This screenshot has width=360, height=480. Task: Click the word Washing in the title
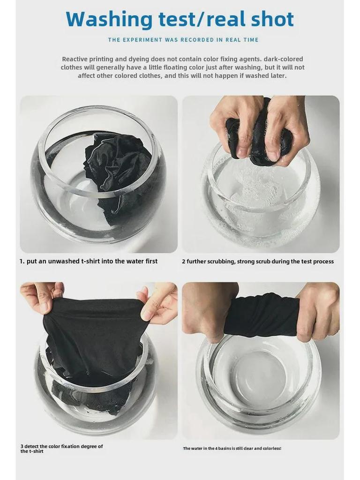point(109,19)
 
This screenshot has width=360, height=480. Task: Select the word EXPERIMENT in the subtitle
point(142,40)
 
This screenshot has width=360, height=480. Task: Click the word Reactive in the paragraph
point(75,59)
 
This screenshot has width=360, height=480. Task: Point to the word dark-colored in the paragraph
point(283,59)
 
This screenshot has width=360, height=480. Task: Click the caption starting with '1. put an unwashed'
point(89,261)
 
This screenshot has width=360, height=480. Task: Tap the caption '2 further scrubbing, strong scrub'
point(258,262)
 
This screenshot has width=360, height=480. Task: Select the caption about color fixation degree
point(61,449)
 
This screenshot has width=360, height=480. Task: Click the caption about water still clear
point(232,449)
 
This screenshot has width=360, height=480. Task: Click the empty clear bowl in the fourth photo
point(259,380)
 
